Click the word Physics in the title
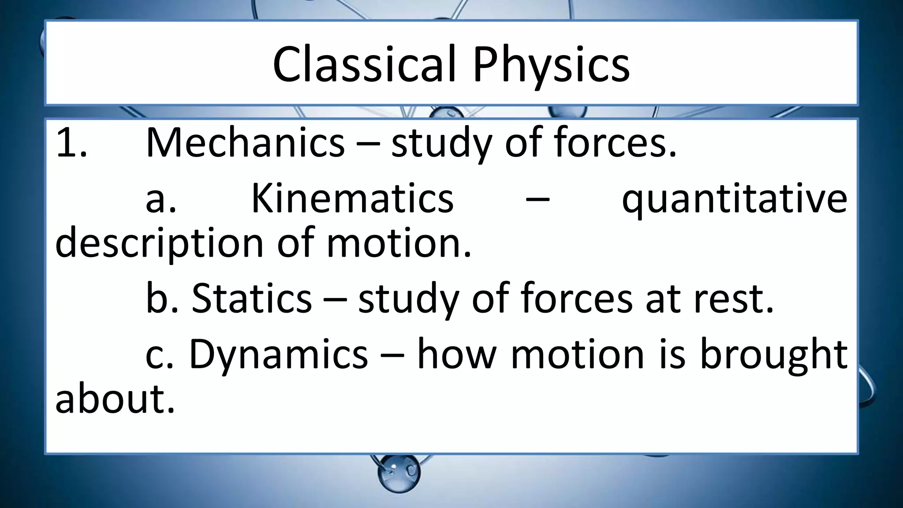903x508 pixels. click(551, 65)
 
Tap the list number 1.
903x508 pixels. click(71, 143)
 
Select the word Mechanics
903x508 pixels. click(245, 143)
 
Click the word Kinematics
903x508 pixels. click(352, 198)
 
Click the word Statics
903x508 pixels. click(252, 299)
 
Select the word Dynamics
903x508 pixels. click(278, 354)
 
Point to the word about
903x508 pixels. click(115, 399)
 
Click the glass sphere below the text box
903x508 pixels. click(399, 474)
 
